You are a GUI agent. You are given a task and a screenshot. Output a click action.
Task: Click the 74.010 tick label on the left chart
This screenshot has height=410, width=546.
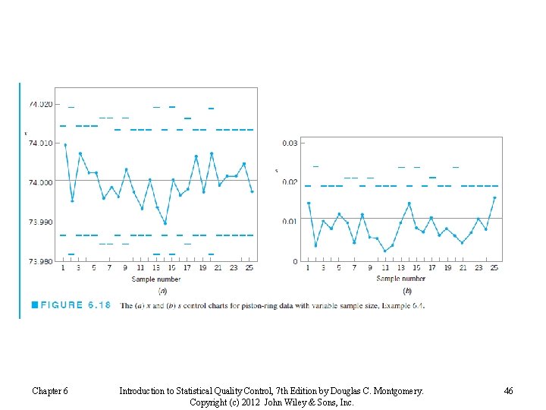click(x=40, y=143)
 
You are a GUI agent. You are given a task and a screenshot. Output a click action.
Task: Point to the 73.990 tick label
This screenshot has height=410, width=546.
click(x=40, y=222)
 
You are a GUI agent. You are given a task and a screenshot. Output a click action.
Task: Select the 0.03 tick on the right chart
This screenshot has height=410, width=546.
click(x=289, y=143)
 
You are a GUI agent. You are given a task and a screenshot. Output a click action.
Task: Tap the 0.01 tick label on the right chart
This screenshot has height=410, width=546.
click(x=289, y=222)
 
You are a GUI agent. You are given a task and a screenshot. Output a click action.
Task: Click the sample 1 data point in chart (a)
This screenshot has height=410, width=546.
click(x=65, y=144)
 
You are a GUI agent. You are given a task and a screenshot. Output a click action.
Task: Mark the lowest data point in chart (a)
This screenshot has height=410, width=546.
click(x=165, y=223)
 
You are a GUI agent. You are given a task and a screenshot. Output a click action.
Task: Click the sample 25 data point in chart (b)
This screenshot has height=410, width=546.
click(x=494, y=197)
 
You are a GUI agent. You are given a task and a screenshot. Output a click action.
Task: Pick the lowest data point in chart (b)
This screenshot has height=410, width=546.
click(x=384, y=251)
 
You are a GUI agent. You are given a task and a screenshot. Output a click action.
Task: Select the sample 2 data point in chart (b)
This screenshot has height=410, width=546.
click(x=315, y=245)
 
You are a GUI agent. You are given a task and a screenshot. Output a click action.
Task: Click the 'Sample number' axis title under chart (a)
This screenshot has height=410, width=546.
click(x=155, y=279)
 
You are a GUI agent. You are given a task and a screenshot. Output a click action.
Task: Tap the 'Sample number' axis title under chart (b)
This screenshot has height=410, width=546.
click(x=400, y=279)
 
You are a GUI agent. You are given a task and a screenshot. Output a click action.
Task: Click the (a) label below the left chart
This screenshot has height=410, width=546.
click(x=162, y=290)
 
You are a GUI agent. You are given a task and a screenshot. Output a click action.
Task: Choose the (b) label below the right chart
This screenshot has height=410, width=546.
click(x=407, y=290)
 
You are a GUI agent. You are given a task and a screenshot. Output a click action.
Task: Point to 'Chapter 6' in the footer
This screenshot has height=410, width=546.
click(x=50, y=391)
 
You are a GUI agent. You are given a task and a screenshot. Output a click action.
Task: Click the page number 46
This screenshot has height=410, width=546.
click(x=508, y=391)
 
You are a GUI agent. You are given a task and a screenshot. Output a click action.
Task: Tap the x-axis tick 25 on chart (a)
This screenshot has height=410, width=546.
click(x=249, y=268)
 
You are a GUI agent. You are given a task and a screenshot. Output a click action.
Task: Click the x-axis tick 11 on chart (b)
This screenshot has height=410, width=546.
click(x=385, y=268)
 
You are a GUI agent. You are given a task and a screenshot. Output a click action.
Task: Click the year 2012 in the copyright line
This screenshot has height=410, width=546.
click(x=251, y=402)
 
